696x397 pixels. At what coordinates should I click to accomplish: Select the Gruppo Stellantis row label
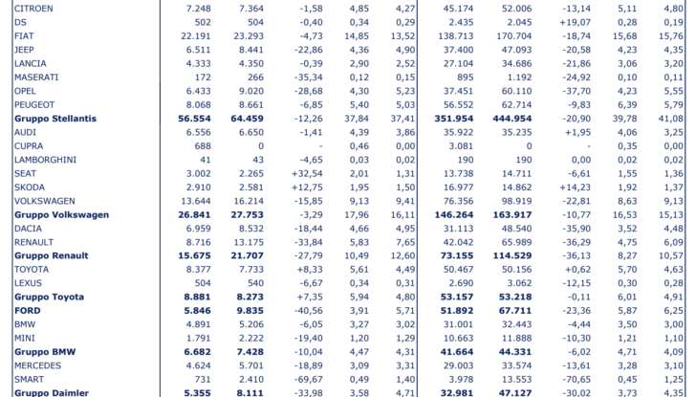click(55, 119)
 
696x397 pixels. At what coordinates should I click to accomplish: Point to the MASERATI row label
click(37, 77)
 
